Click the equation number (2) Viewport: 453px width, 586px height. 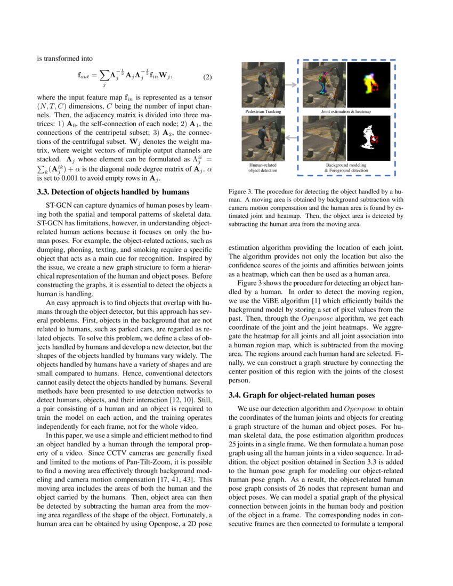pyautogui.click(x=208, y=77)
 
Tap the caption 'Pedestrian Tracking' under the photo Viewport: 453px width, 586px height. pyautogui.click(x=263, y=112)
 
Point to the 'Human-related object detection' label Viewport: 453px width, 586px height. pyautogui.click(x=263, y=168)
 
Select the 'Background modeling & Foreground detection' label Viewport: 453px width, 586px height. pyautogui.click(x=346, y=168)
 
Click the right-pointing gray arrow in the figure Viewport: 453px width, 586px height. pyautogui.click(x=290, y=84)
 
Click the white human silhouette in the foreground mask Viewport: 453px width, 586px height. pyautogui.click(x=367, y=137)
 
